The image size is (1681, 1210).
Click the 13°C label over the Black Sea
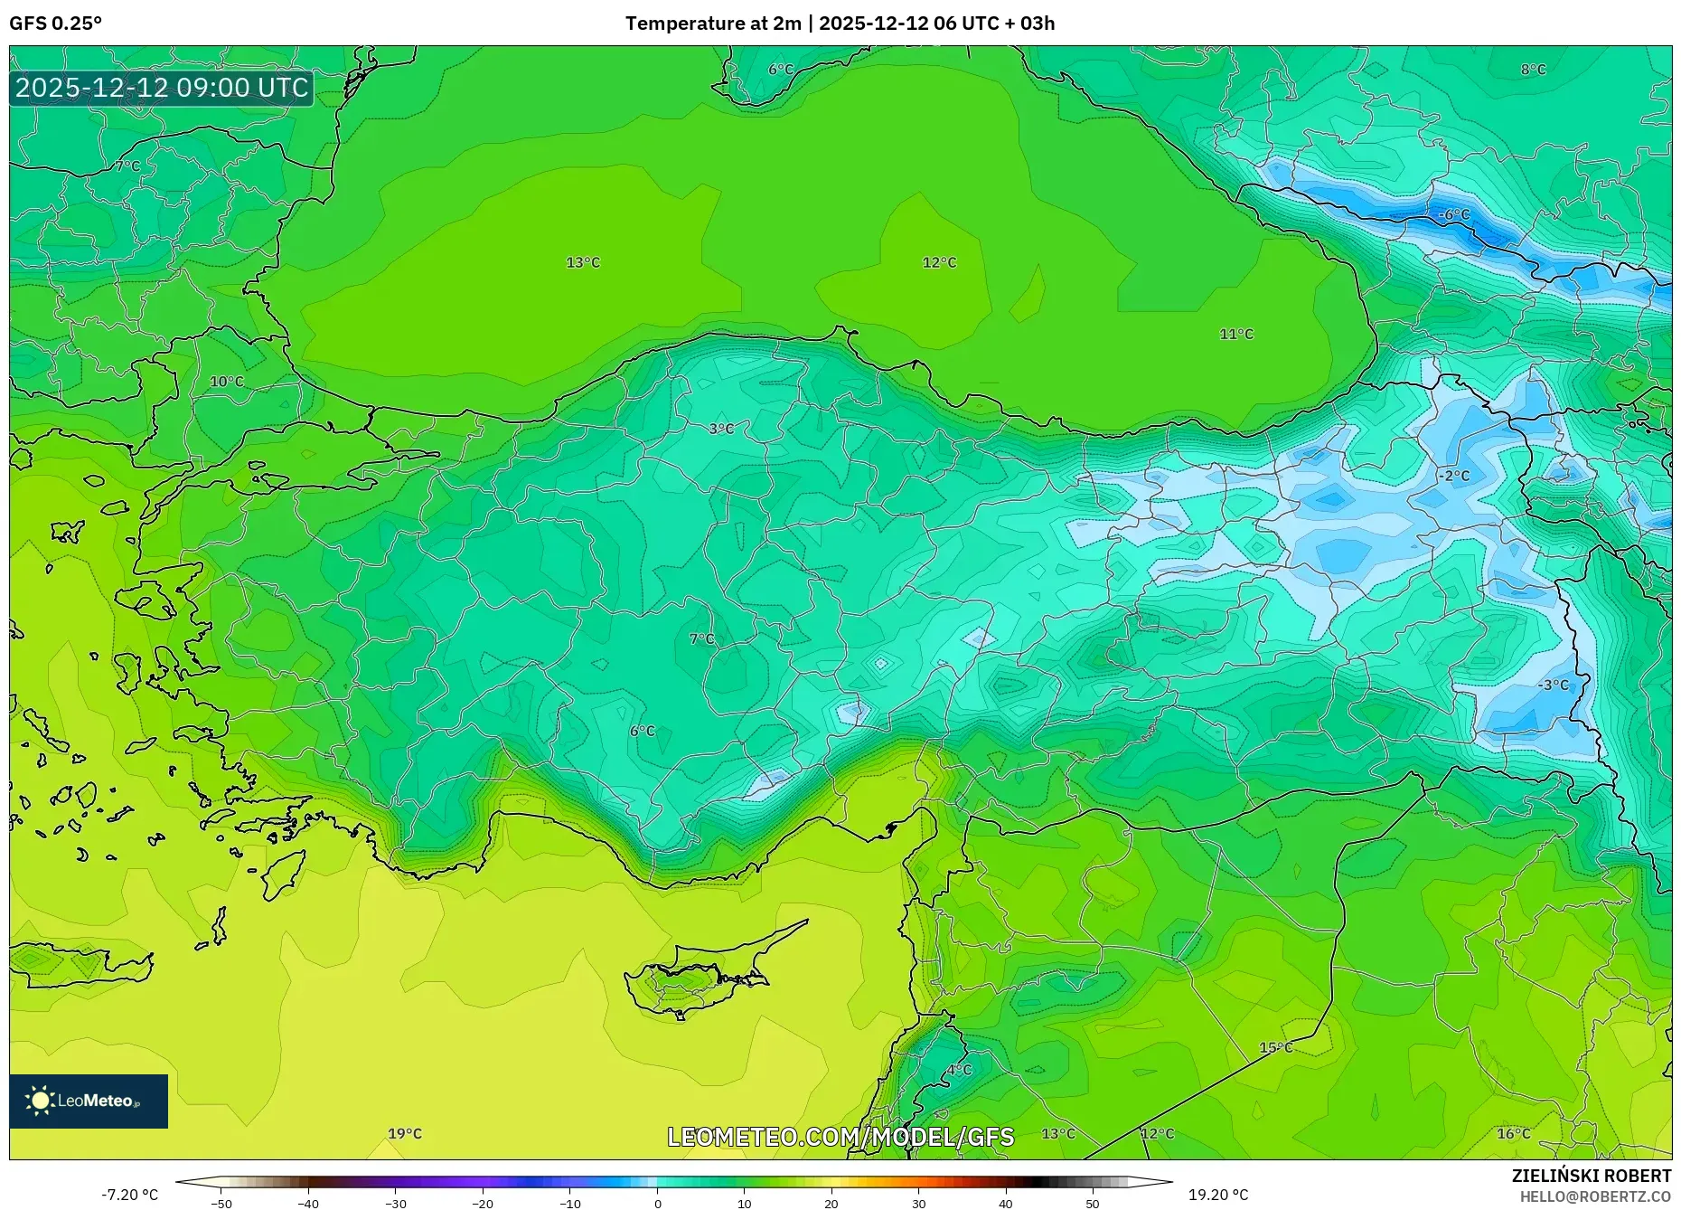click(x=583, y=262)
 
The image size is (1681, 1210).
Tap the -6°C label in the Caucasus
click(x=1454, y=214)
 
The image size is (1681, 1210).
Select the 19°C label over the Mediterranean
click(x=405, y=1133)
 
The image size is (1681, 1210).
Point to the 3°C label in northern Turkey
click(x=721, y=429)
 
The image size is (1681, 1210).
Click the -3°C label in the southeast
click(x=1553, y=685)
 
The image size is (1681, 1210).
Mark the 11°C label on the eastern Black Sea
click(x=1236, y=334)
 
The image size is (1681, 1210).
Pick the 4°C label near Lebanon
click(x=959, y=1070)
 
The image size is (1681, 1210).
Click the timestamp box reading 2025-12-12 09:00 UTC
click(x=162, y=88)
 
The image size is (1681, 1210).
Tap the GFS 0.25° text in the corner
click(x=56, y=24)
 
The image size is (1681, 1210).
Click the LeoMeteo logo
click(x=89, y=1101)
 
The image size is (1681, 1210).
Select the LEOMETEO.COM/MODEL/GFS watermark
click(x=840, y=1137)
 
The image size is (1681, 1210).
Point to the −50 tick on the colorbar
click(x=221, y=1203)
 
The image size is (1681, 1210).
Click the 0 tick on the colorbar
click(x=657, y=1203)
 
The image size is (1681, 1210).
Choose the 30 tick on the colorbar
click(x=918, y=1203)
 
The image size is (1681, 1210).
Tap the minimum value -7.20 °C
click(x=129, y=1195)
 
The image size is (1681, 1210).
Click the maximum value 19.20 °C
click(x=1217, y=1195)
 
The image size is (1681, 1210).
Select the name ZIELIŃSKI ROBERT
click(x=1591, y=1176)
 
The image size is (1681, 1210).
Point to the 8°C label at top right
click(x=1533, y=70)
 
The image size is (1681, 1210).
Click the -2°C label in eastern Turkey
click(x=1454, y=476)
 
